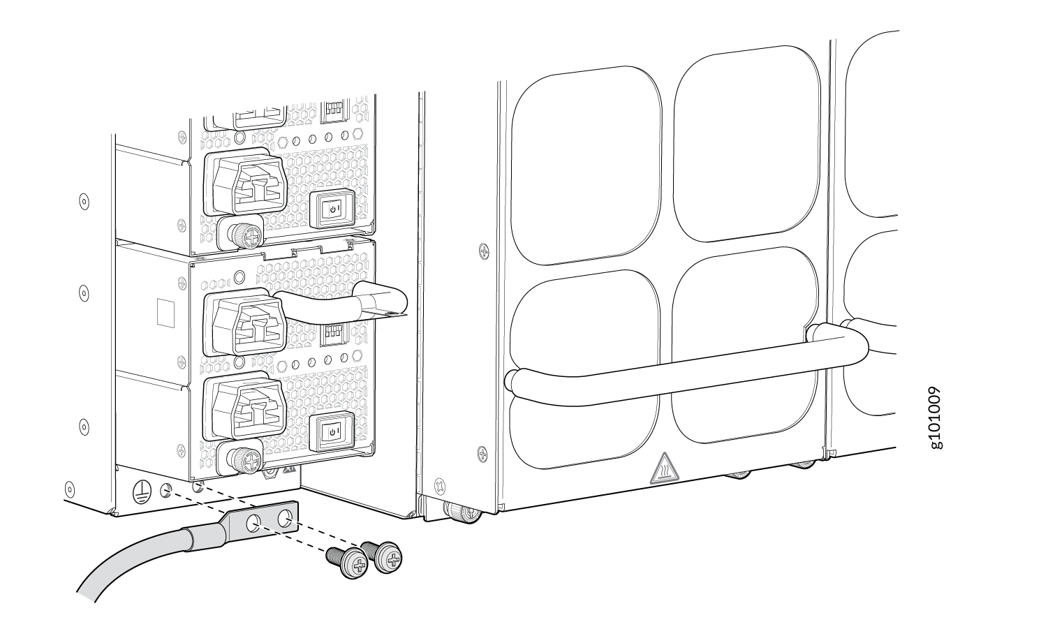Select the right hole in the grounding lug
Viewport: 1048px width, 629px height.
point(283,518)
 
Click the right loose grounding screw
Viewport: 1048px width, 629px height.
point(388,558)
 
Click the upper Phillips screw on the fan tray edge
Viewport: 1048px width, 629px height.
point(483,250)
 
